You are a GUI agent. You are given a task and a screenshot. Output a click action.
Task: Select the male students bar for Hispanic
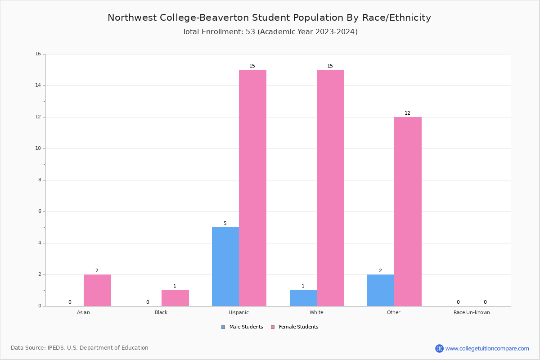pos(225,266)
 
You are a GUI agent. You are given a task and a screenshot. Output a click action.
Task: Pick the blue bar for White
pos(303,298)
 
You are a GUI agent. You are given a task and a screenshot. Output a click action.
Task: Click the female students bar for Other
pos(408,211)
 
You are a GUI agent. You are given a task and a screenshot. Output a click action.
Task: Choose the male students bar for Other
pos(381,290)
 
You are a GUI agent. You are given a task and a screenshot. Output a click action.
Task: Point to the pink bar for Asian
pos(97,290)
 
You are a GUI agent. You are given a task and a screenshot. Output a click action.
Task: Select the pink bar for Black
pos(175,298)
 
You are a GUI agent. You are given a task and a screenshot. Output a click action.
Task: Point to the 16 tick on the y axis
pos(38,54)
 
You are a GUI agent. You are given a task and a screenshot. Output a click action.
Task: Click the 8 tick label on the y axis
pos(39,180)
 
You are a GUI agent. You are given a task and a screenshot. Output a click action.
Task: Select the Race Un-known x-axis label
pos(472,312)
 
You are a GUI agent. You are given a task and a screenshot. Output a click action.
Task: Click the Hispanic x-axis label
pos(238,312)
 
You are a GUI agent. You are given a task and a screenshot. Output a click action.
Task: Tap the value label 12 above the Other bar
pos(407,113)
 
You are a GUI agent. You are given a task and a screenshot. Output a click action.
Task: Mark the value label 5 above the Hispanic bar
pos(225,224)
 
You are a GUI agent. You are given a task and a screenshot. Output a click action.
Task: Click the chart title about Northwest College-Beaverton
pos(269,18)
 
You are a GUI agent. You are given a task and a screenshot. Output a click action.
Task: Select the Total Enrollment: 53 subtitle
pos(270,32)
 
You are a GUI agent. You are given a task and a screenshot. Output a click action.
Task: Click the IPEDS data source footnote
pos(80,348)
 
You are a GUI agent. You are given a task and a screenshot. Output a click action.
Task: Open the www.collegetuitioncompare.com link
pos(487,348)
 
